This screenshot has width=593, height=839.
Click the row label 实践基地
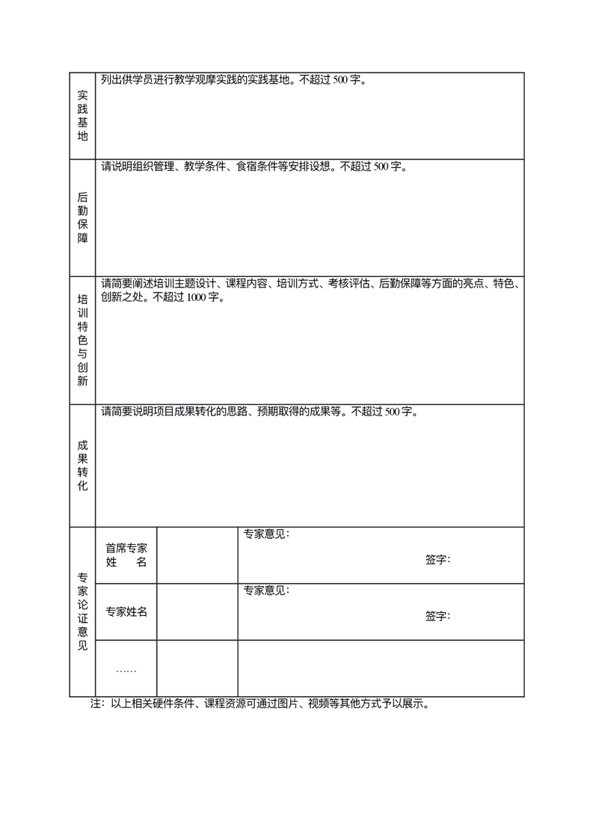point(82,116)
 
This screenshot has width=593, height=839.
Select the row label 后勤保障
point(82,218)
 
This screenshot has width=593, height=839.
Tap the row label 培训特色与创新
point(82,340)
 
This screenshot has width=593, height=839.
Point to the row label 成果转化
point(82,466)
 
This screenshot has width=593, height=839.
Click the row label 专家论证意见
point(82,611)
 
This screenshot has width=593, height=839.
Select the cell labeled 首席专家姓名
point(126,555)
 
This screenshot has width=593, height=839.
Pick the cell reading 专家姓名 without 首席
point(126,611)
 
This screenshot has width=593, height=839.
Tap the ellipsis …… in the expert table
point(126,669)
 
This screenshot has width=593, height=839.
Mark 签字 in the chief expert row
point(437,559)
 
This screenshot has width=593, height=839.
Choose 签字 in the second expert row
point(437,616)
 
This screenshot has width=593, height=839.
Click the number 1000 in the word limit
point(197,297)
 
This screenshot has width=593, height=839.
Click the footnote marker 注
point(96,704)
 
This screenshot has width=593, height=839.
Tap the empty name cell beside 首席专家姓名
point(197,555)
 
